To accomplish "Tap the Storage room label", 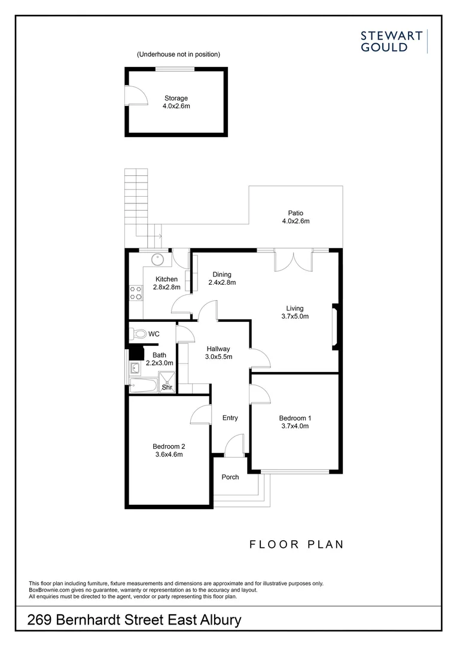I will point(176,102).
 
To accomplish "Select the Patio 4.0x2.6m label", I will point(295,217).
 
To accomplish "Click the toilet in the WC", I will point(138,334).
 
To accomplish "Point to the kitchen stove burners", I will point(136,292).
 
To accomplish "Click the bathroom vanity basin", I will point(135,368).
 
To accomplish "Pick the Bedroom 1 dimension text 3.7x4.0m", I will point(295,426).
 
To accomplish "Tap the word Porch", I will point(230,477).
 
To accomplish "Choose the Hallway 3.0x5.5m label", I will point(218,353).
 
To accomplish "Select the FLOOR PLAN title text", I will point(296,544).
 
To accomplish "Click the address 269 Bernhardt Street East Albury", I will point(135,620).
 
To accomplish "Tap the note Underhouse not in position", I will point(178,54).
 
